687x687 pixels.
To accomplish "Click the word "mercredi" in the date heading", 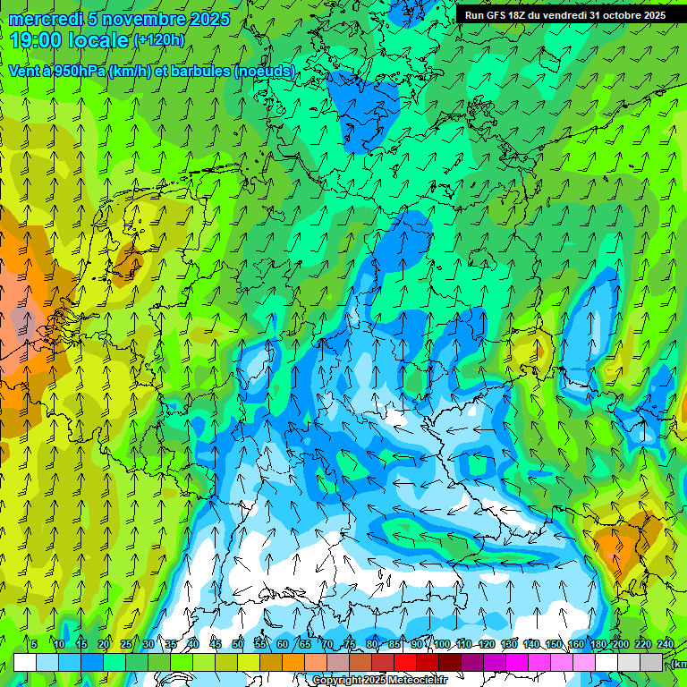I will [46, 19].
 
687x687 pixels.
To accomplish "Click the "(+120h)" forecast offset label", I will [158, 39].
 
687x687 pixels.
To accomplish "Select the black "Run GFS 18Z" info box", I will [565, 15].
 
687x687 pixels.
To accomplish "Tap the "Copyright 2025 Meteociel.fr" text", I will [380, 681].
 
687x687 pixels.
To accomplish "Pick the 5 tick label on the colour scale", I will [34, 644].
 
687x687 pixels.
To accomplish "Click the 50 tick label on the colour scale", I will [237, 644].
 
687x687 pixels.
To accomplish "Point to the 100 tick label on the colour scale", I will [441, 644].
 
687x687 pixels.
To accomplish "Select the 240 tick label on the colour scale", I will [666, 644].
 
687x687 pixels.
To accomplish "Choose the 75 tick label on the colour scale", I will [350, 644].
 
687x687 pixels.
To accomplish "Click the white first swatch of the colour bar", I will [25, 663].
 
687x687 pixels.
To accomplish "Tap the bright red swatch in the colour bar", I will [405, 663].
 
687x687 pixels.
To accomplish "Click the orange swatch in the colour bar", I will [293, 663].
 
